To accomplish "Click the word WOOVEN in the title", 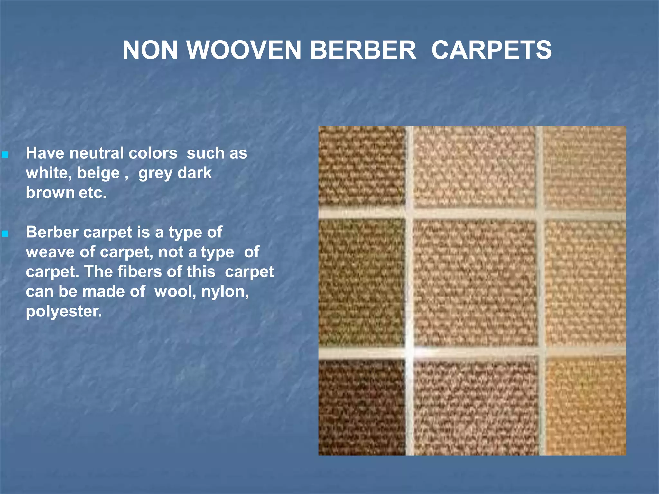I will (x=244, y=50).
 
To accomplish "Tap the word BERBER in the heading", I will (x=363, y=50).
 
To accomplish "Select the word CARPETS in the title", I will (x=491, y=50).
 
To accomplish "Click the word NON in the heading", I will (x=150, y=50).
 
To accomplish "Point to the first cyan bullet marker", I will (x=5, y=155).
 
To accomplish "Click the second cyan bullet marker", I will (x=5, y=234).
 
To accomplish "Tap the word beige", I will (x=98, y=173).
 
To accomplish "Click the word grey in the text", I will (x=155, y=173).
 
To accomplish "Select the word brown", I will (x=50, y=193).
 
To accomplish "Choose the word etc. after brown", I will (x=93, y=193).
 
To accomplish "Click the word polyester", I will (x=64, y=312).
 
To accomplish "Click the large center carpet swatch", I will (x=474, y=283).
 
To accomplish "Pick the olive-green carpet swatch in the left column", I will (x=361, y=283).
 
